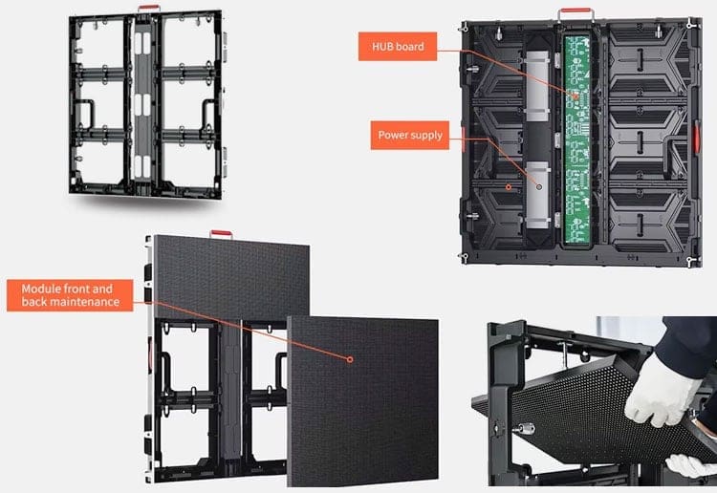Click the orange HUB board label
point(398,46)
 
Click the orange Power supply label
point(410,136)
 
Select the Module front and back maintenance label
point(70,295)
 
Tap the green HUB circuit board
point(577,139)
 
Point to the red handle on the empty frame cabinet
point(149,8)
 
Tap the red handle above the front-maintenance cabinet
point(222,233)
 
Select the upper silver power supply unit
point(537,86)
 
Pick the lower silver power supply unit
point(537,194)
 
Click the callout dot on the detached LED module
point(350,359)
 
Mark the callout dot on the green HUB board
point(576,96)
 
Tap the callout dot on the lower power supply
point(539,187)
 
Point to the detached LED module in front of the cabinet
point(362,401)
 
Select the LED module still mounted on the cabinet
point(231,276)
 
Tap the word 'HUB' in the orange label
point(381,47)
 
